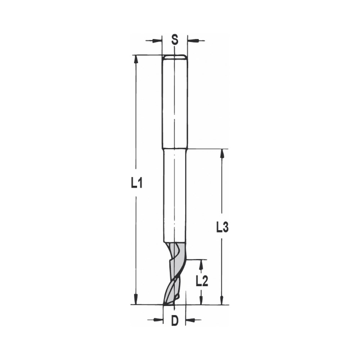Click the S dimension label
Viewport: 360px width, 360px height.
coord(175,40)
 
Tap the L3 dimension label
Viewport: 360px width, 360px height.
coord(222,227)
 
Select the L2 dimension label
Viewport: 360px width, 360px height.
coord(202,281)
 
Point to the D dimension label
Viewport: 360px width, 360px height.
coord(175,320)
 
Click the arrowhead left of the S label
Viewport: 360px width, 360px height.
coord(158,40)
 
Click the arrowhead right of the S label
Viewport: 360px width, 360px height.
coord(192,40)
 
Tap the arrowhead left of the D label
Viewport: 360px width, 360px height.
coord(159,320)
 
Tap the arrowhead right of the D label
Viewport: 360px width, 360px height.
coord(190,320)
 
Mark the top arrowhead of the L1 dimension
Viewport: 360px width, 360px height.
coord(136,59)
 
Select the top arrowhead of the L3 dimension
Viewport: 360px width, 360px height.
coord(222,153)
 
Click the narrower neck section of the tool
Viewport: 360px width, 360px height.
coord(175,194)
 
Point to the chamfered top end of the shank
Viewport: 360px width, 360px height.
coord(175,57)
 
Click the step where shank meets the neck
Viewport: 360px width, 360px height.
coord(175,148)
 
